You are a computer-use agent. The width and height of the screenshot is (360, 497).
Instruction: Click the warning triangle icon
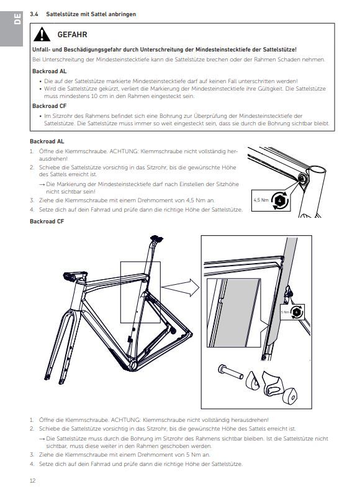pos(42,35)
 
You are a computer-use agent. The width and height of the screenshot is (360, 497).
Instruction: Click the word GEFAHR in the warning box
pos(73,35)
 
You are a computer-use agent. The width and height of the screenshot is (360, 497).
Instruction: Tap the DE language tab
pos(17,19)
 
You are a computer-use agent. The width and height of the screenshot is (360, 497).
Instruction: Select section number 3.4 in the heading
pos(34,14)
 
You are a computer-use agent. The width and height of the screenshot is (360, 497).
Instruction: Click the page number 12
pos(33,480)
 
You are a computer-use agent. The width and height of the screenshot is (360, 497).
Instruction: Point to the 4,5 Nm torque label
pos(261,200)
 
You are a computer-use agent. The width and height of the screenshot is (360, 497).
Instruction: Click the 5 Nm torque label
pos(285,312)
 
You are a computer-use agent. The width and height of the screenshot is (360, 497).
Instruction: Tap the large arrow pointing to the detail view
pos(181,287)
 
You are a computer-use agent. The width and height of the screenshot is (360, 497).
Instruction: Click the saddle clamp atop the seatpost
pos(156,238)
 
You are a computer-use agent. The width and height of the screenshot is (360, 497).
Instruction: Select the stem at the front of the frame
pos(75,276)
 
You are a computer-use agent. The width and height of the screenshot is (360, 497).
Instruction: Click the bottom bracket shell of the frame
pos(132,364)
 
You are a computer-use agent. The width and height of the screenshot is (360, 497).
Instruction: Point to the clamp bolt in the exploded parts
pos(230,372)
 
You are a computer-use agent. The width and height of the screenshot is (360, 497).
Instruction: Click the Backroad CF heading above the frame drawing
pos(47,222)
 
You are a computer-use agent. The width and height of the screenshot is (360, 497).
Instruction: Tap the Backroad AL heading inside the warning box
pos(50,71)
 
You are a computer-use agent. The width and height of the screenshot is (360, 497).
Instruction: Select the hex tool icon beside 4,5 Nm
pos(280,200)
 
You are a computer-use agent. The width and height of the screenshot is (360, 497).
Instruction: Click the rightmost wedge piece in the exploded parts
pos(290,395)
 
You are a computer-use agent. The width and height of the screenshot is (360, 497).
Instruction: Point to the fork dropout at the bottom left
pos(47,377)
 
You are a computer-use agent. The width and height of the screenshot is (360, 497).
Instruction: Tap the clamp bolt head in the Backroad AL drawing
pos(302,179)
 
